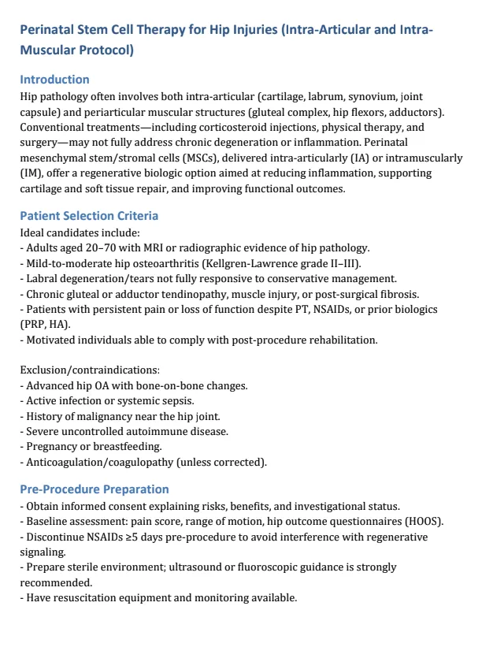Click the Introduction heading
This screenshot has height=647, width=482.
pos(54,79)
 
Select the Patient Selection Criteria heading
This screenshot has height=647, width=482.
pos(88,215)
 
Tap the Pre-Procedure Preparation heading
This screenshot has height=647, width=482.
pos(94,489)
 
